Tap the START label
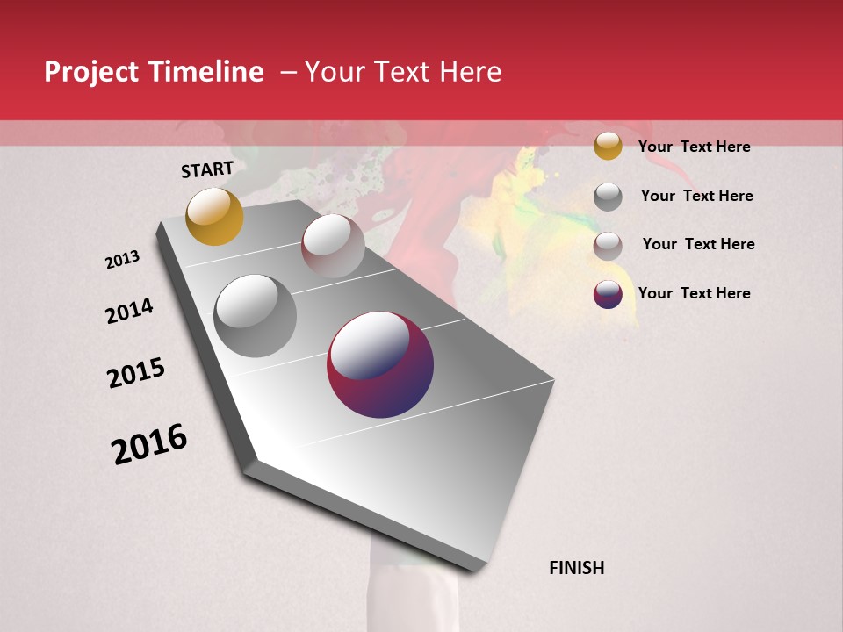207,169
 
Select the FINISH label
576,568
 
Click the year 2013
122,260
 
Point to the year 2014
129,311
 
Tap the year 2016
149,444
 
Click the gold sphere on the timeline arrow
214,216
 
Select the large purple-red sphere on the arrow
380,364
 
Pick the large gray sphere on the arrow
256,316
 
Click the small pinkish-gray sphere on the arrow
333,246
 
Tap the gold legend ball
608,146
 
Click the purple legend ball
608,294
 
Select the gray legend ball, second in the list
608,197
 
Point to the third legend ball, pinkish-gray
608,246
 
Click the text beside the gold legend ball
694,147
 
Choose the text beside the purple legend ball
694,293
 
